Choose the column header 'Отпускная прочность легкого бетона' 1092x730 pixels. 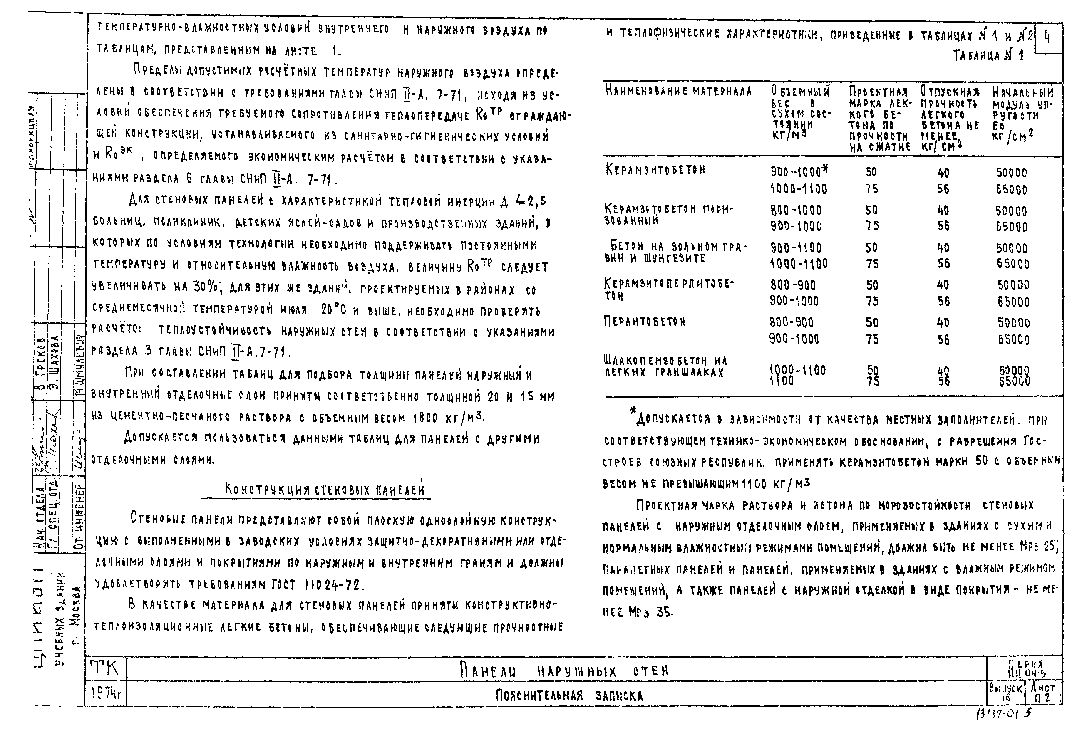950,119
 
